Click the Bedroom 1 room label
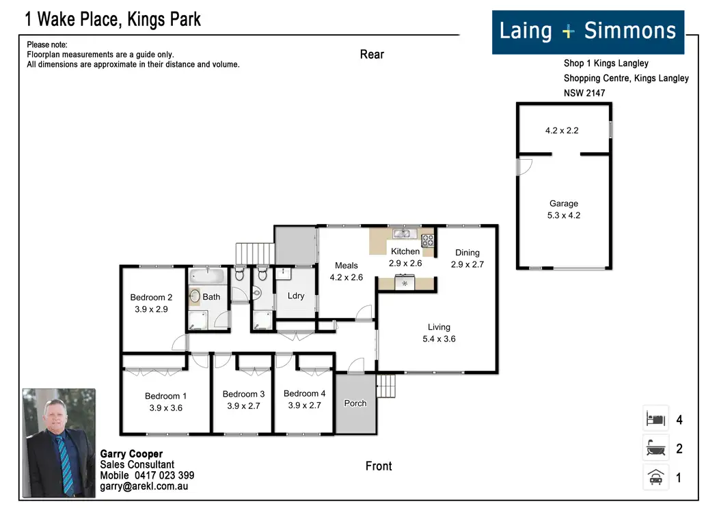pos(165,396)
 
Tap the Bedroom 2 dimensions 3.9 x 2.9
pos(151,309)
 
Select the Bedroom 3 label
pos(243,394)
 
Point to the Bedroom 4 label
pos(304,393)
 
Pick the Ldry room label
pos(296,296)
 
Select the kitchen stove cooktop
pos(428,240)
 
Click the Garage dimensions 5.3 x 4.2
pos(564,215)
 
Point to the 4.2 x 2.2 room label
pos(562,130)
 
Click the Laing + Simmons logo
pos(588,31)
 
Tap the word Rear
pos(372,55)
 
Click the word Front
pos(379,466)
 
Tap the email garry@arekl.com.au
pos(144,486)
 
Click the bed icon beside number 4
pos(655,419)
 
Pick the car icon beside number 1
pos(655,477)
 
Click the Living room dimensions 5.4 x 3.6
pos(439,339)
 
